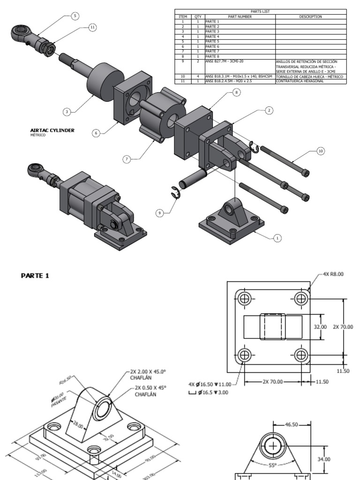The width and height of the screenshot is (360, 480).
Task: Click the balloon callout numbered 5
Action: [75, 15]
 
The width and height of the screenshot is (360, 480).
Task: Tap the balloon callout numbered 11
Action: [92, 28]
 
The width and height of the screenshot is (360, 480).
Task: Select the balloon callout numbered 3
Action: [67, 112]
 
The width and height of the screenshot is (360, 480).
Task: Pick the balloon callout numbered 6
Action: [96, 133]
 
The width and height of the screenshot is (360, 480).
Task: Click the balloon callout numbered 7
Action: [126, 159]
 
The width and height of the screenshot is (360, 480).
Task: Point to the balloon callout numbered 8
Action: [236, 93]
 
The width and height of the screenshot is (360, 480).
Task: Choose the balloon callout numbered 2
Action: [269, 110]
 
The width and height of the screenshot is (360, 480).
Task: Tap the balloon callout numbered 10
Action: [320, 151]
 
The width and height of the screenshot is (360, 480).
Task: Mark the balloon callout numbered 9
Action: [160, 213]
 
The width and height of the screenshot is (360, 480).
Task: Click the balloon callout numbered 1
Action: [277, 238]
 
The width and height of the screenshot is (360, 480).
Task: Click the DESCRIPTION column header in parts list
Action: [310, 16]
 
